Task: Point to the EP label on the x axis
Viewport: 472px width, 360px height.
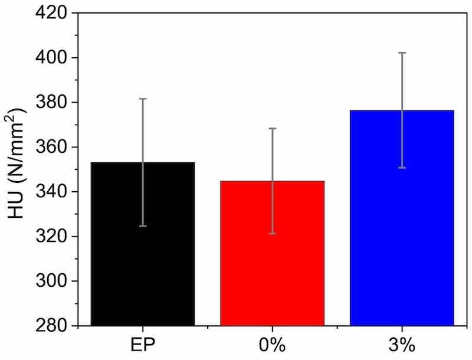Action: [x=142, y=343]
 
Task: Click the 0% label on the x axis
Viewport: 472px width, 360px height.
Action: [x=272, y=343]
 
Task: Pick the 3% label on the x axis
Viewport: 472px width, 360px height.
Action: [x=402, y=343]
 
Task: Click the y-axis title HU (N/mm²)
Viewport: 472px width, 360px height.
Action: [x=20, y=169]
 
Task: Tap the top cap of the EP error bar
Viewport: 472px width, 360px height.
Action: [x=142, y=99]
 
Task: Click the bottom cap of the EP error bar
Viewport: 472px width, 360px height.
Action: [x=142, y=226]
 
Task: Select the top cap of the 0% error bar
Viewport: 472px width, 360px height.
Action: [x=272, y=128]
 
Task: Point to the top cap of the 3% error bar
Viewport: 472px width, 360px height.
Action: [x=402, y=53]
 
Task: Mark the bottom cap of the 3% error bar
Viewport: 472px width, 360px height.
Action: [x=402, y=168]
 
